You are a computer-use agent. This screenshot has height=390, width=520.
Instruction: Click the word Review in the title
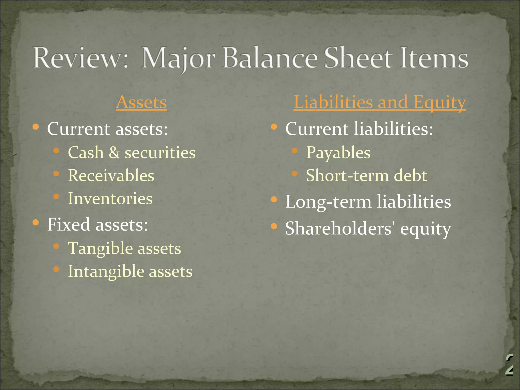click(75, 58)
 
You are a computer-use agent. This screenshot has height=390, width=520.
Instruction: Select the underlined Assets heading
click(141, 102)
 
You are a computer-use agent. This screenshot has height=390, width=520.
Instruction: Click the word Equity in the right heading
click(440, 102)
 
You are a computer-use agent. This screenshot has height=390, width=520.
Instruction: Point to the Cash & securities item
click(132, 153)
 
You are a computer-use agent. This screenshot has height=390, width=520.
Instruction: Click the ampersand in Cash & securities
click(114, 153)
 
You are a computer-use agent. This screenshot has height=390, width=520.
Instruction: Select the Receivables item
click(111, 176)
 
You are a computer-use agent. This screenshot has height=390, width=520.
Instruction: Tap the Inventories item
click(110, 199)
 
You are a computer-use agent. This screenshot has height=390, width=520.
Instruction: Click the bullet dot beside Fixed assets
click(36, 223)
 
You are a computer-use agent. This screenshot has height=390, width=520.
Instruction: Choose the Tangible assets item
click(124, 248)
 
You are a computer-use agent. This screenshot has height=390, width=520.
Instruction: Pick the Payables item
click(338, 153)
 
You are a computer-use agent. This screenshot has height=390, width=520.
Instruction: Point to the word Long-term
click(328, 202)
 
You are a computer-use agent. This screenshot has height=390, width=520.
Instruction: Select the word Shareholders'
click(340, 228)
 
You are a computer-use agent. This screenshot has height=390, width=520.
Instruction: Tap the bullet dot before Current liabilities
click(274, 127)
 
